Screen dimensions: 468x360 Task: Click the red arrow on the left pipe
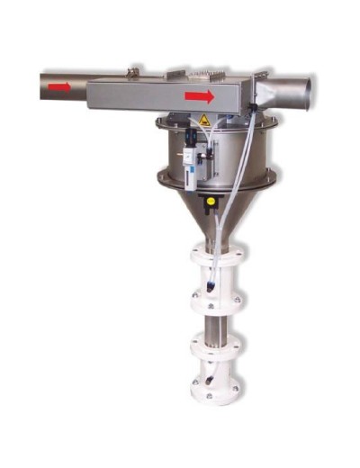point(59,87)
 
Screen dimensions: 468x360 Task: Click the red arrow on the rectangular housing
point(200,96)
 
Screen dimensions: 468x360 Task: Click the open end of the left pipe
point(41,87)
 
